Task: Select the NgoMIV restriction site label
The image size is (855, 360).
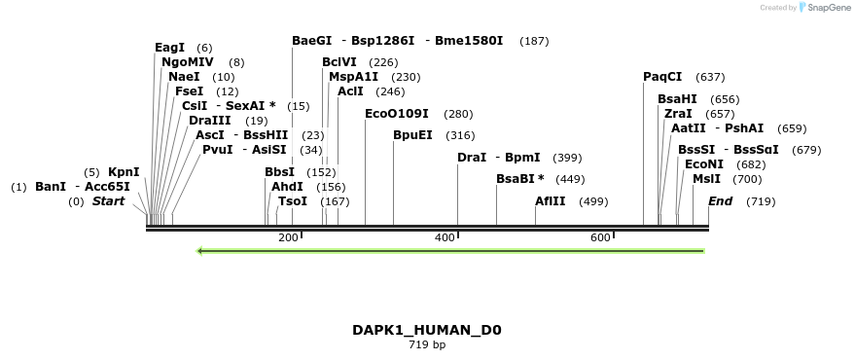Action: tap(188, 62)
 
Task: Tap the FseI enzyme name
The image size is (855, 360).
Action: tap(189, 91)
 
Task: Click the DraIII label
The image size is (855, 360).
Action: tap(209, 121)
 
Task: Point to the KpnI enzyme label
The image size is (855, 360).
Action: tap(124, 172)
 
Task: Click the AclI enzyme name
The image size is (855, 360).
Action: tap(350, 91)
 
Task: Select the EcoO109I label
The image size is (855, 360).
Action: tap(397, 114)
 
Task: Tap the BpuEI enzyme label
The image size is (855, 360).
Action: tap(412, 135)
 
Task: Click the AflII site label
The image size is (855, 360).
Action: tap(550, 201)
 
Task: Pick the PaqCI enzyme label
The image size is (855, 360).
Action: tap(662, 77)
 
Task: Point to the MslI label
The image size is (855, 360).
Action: tap(706, 179)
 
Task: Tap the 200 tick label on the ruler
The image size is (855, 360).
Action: tap(288, 237)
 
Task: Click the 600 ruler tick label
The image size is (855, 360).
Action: tap(600, 237)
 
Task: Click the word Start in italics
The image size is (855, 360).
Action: tap(109, 201)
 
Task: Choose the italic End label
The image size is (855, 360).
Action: tap(720, 201)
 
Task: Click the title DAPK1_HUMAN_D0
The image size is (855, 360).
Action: tap(427, 330)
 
